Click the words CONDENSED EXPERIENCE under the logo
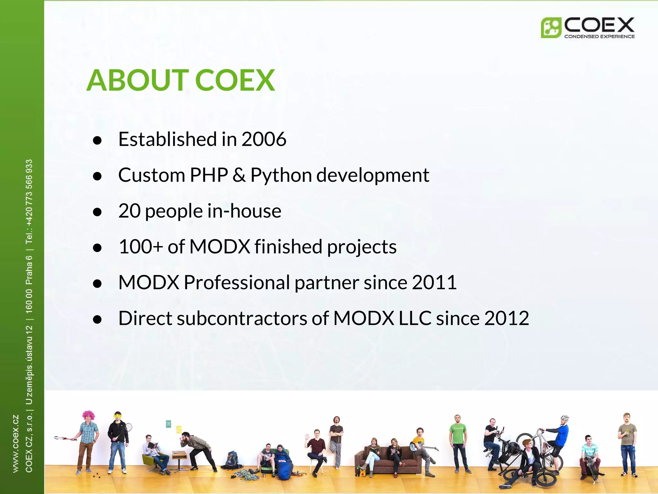599,36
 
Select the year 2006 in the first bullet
263,139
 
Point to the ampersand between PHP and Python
239,175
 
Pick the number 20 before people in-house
129,211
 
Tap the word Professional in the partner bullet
237,282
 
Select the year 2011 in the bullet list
434,282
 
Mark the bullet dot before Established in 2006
97,140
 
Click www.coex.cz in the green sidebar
15,444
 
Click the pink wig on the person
88,415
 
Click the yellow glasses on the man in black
118,417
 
